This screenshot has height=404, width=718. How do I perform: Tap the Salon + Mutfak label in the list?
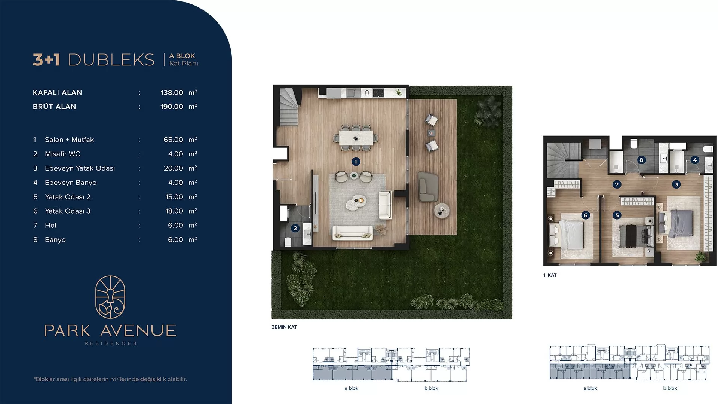tap(69, 140)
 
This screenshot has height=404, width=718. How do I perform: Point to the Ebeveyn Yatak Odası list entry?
tap(80, 168)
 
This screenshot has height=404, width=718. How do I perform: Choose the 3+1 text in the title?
tap(46, 60)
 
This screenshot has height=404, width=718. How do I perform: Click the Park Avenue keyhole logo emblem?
tap(110, 297)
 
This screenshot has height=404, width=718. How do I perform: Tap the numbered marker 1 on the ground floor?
tap(356, 162)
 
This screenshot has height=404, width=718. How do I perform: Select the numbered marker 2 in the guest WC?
tap(295, 228)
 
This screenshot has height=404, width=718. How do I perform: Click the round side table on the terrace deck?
tap(442, 210)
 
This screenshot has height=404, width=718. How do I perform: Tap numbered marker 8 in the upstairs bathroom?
tap(641, 160)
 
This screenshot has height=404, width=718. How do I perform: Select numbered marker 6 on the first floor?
tap(586, 215)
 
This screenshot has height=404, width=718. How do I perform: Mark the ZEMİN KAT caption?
tap(284, 327)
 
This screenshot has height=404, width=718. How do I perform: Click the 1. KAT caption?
tap(550, 275)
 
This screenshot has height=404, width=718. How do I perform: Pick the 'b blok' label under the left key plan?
tap(431, 388)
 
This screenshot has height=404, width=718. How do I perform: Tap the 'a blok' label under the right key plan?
tap(590, 388)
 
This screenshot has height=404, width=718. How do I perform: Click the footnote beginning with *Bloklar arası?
tap(110, 379)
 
